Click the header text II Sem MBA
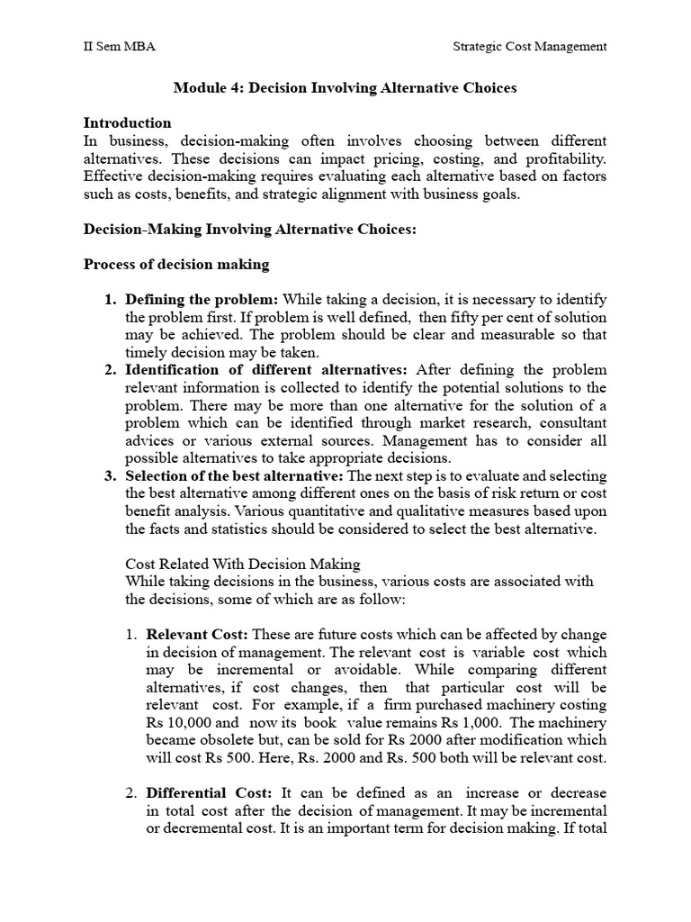pyautogui.click(x=119, y=47)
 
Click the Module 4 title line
pyautogui.click(x=345, y=88)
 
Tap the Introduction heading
pyautogui.click(x=127, y=122)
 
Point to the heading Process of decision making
pyautogui.click(x=175, y=265)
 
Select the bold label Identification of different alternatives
pyautogui.click(x=266, y=370)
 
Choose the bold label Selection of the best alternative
pyautogui.click(x=234, y=475)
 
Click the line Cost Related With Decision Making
pyautogui.click(x=243, y=564)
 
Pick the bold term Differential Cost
pyautogui.click(x=209, y=792)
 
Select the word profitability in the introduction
pyautogui.click(x=562, y=158)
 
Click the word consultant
pyautogui.click(x=573, y=423)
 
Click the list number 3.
pyautogui.click(x=112, y=475)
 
